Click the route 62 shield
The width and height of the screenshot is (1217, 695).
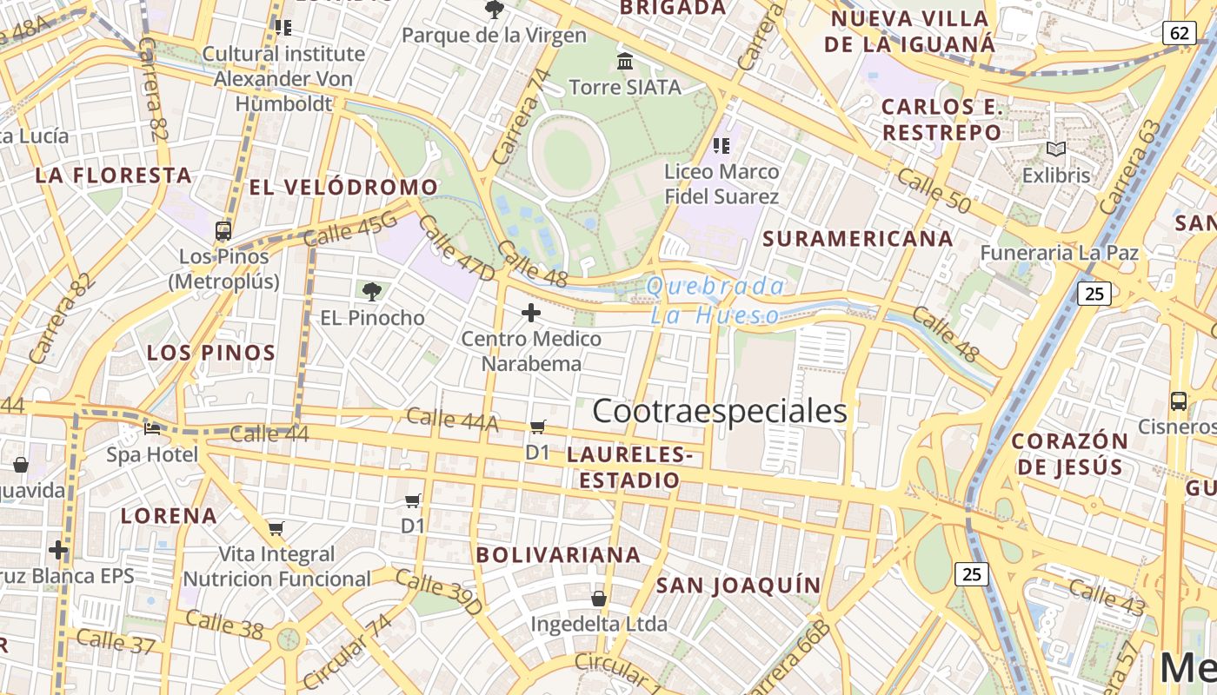pos(1178,34)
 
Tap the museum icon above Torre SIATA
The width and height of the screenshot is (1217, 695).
pos(624,62)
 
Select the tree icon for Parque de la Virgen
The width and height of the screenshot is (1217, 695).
pos(494,10)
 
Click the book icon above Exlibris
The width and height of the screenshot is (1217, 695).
pos(1055,149)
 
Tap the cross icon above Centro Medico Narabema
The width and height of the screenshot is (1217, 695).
pos(530,313)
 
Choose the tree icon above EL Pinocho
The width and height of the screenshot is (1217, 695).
pos(372,291)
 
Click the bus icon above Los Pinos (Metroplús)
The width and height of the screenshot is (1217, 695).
pos(223,231)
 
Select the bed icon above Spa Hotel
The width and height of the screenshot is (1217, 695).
pos(152,428)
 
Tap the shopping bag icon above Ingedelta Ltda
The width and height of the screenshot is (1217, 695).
pos(598,599)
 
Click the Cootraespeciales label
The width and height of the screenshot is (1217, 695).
pos(719,411)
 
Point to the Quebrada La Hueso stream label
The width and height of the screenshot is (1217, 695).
pos(715,301)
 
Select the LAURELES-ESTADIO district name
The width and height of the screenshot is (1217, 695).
pos(629,467)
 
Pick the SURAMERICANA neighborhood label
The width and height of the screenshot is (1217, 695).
pos(857,238)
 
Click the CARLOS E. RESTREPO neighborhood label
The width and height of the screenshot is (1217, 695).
pos(942,120)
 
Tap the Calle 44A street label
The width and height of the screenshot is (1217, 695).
pos(452,420)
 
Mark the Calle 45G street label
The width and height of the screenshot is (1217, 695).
pos(351,232)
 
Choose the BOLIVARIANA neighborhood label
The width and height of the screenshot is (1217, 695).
pos(558,554)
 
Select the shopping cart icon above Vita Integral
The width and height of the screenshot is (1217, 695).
pos(276,528)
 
